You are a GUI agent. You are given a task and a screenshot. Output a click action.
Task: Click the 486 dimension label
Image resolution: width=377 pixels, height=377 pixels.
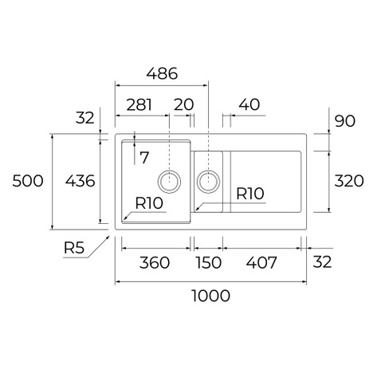(162, 73)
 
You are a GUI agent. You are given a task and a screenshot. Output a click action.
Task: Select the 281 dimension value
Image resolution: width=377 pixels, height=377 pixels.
(139, 104)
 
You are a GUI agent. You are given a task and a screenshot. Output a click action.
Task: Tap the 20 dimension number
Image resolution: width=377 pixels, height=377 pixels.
(184, 104)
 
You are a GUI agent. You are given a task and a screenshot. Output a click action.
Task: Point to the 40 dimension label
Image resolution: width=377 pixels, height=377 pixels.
(249, 104)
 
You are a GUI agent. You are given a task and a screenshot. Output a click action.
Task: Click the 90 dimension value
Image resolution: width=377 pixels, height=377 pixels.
(345, 121)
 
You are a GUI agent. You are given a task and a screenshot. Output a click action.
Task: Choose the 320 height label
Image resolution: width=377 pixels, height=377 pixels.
(349, 181)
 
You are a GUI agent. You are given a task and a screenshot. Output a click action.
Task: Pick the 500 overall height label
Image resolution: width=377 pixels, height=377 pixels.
(28, 181)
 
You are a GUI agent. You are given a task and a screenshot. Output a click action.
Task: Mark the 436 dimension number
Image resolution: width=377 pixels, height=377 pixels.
(80, 181)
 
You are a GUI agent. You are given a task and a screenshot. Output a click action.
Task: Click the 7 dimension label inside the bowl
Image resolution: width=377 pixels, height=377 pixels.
(144, 158)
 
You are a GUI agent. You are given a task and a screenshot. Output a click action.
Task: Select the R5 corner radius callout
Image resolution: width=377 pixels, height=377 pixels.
(74, 248)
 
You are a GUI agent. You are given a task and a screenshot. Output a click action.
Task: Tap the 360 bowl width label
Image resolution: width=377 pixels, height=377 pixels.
(155, 262)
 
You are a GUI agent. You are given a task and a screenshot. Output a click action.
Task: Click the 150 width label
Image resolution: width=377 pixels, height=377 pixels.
(209, 262)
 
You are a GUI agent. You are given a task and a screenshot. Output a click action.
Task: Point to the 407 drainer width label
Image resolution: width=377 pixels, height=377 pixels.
(261, 262)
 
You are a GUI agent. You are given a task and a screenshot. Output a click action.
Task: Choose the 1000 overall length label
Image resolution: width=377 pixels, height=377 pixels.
(211, 296)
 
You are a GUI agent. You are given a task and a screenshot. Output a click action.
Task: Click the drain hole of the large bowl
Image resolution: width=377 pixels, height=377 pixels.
(169, 182)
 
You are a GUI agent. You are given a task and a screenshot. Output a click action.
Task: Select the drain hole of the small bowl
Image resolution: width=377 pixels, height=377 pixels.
(208, 182)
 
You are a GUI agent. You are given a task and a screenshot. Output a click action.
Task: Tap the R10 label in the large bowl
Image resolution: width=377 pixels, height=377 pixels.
(149, 203)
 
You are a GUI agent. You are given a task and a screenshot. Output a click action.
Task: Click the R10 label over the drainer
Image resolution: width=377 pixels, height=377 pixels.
(250, 194)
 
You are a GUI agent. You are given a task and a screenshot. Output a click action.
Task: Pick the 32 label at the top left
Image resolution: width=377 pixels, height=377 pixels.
(85, 118)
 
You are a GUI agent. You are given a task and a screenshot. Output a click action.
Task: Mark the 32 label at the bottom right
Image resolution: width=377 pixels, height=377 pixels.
(322, 261)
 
